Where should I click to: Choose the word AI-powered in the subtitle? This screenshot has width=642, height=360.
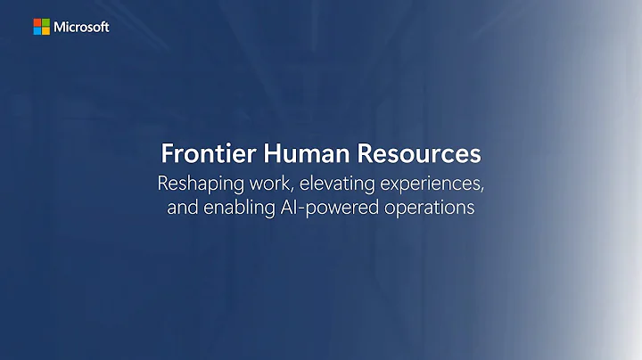pyautogui.click(x=333, y=210)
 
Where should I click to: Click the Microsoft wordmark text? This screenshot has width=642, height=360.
pyautogui.click(x=82, y=27)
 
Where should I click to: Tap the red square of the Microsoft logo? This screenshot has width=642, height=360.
pyautogui.click(x=38, y=22)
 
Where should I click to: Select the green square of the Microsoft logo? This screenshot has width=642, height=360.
pyautogui.click(x=46, y=22)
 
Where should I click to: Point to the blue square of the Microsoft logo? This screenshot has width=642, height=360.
pyautogui.click(x=38, y=30)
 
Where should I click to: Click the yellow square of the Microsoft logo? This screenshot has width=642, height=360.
pyautogui.click(x=46, y=30)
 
